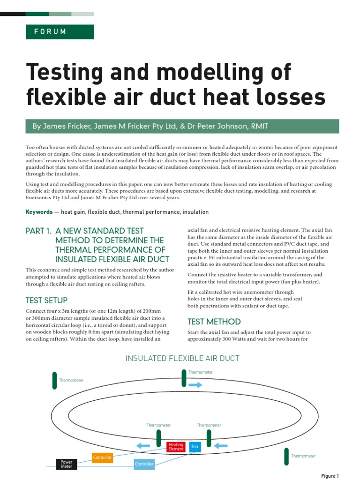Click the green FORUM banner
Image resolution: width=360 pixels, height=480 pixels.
point(60,32)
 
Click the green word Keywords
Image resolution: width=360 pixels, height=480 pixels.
point(39,212)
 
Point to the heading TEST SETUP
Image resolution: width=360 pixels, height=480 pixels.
point(46,300)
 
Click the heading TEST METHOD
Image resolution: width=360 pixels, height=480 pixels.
point(214,322)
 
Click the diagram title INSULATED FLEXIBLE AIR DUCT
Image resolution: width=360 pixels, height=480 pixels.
point(182,358)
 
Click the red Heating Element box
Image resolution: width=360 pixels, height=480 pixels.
point(176,447)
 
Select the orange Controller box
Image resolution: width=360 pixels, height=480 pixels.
point(102,457)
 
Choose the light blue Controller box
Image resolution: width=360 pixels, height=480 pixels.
point(144,464)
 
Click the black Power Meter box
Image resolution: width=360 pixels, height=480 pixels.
point(67,465)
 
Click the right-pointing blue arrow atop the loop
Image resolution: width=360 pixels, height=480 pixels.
point(195,385)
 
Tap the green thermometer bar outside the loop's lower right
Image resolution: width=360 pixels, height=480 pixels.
point(286,456)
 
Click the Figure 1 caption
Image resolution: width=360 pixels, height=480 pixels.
point(330,476)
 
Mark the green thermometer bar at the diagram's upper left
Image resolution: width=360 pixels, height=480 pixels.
point(54,380)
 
